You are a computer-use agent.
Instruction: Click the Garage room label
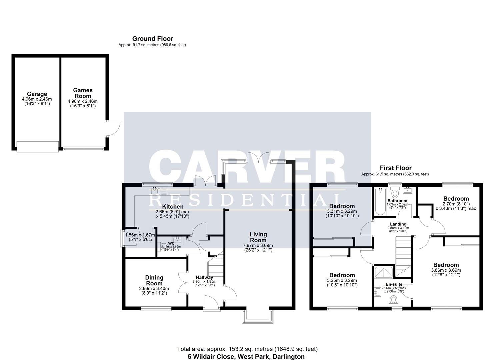37,94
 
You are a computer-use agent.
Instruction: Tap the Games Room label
83,93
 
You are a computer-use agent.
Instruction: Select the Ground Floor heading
153,39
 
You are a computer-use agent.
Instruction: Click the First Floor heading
396,168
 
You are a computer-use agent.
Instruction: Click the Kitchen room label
173,207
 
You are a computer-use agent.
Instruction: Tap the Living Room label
258,237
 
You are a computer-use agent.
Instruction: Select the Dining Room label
154,280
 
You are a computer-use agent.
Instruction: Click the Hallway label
204,277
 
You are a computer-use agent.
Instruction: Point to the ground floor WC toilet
165,247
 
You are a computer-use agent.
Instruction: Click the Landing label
398,224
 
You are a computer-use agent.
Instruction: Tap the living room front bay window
258,317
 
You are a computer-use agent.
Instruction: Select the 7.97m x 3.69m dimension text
258,245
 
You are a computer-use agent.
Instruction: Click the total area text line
247,349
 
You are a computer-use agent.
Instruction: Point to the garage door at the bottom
38,147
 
